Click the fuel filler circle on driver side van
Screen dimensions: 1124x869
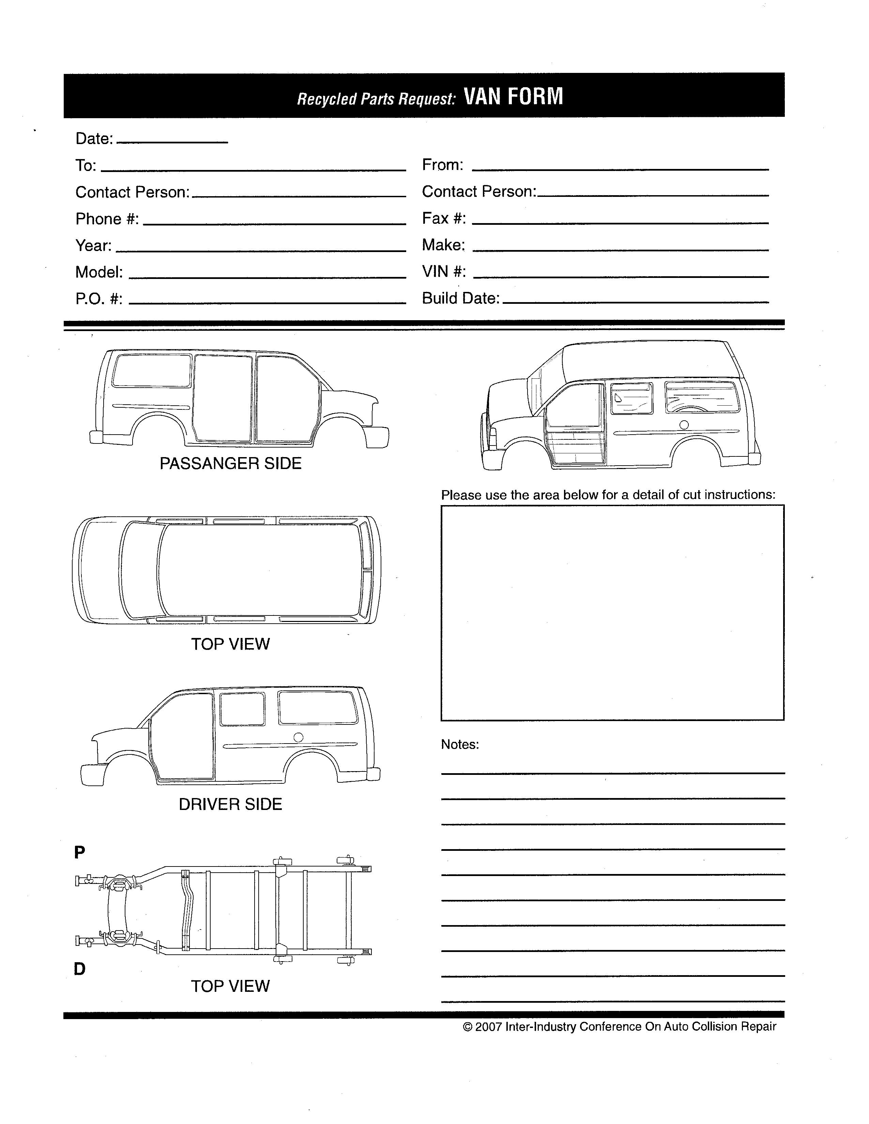point(298,737)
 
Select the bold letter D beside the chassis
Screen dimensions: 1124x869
point(79,969)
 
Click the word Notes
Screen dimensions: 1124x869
point(460,744)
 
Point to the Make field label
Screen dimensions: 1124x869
point(443,245)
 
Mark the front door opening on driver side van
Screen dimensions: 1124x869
point(182,736)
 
